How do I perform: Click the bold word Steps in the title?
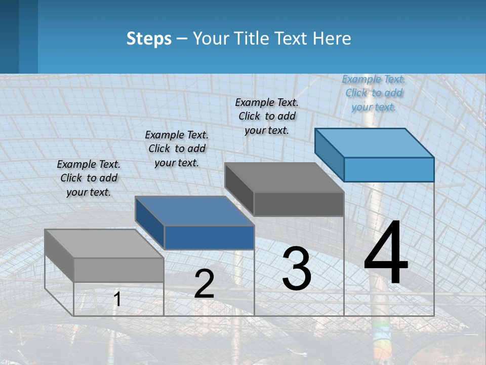pos(149,39)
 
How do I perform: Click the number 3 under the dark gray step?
pos(297,268)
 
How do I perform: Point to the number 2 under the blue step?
pos(204,284)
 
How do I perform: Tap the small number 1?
pos(117,299)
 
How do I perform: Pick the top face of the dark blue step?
pos(195,211)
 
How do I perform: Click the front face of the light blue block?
pos(389,169)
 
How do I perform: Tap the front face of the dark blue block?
pos(209,237)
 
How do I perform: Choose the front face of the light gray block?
pos(118,270)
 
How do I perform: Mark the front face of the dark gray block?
pos(299,204)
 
